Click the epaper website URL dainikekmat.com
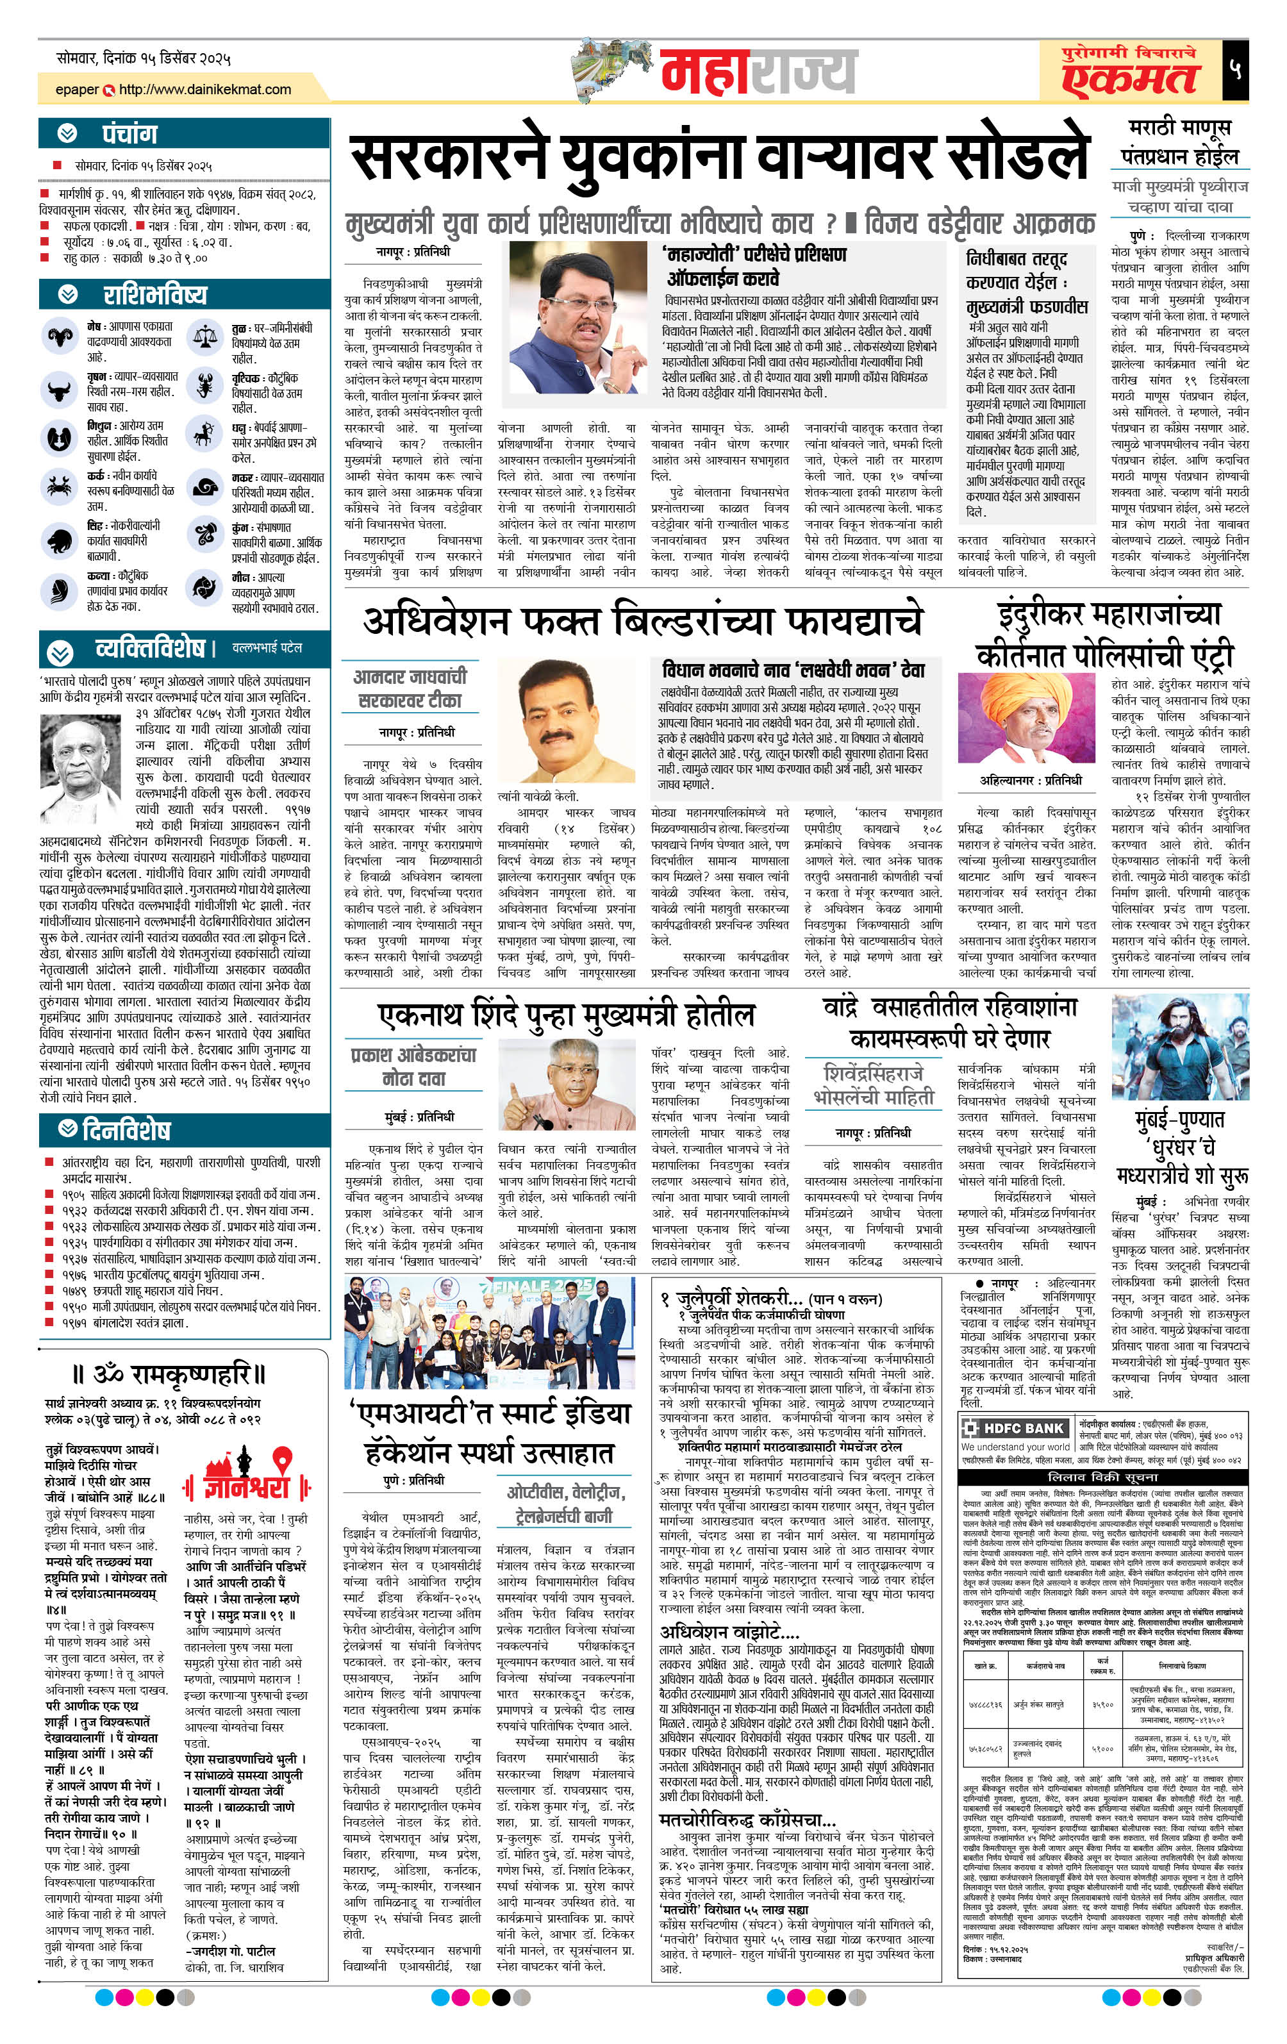point(204,89)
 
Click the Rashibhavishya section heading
point(154,295)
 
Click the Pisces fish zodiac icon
point(204,586)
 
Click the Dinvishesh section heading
point(126,1130)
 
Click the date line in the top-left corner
point(144,58)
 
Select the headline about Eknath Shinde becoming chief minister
point(565,1015)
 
